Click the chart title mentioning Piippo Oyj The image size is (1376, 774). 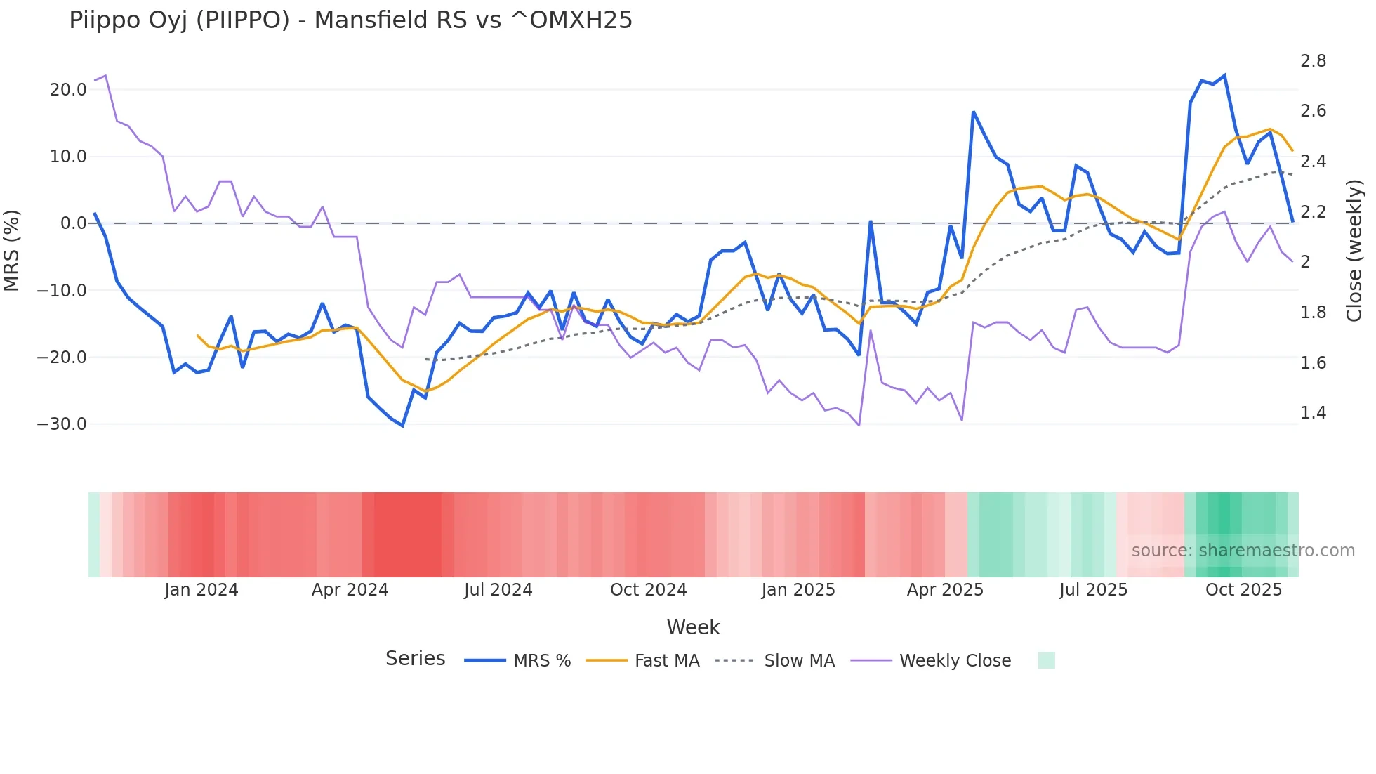point(350,20)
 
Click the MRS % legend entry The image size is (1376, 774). point(518,660)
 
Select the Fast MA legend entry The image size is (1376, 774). point(642,660)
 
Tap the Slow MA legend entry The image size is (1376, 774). point(775,660)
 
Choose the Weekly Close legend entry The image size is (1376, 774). point(931,660)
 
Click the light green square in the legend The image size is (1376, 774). point(1046,660)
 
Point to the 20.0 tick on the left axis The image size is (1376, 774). point(68,90)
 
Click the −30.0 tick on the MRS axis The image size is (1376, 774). point(62,424)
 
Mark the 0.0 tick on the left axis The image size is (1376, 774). point(73,223)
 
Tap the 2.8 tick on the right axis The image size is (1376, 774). point(1313,61)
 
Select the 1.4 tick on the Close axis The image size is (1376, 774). point(1313,413)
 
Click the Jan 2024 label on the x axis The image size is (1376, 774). point(201,590)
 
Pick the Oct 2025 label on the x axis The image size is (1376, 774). point(1243,590)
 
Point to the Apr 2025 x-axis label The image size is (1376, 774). point(945,590)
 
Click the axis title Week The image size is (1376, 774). point(693,627)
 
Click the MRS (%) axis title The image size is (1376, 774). point(12,250)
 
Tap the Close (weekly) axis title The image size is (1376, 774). point(1354,250)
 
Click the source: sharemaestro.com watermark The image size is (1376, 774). point(1243,551)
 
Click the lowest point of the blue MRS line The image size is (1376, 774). point(402,426)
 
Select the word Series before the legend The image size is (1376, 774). point(415,659)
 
